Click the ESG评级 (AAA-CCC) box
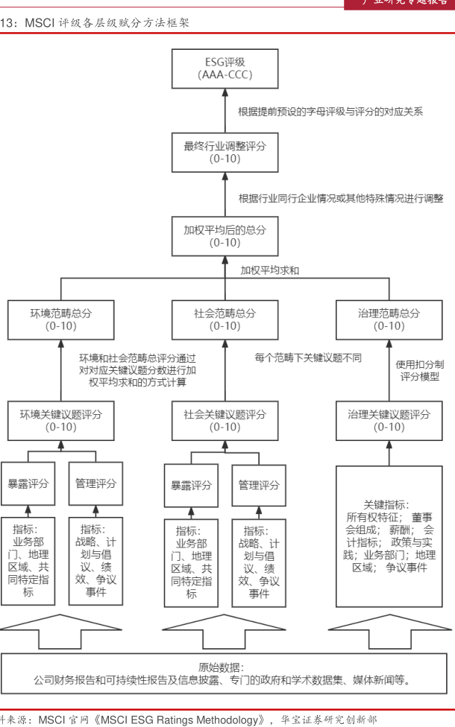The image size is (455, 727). (225, 69)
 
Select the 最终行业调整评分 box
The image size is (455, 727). (225, 152)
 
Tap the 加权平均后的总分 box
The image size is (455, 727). (225, 235)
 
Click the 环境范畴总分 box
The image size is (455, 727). (61, 320)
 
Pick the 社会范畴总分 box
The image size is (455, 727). (225, 320)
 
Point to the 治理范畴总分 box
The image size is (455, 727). (389, 320)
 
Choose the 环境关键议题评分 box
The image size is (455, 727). (61, 420)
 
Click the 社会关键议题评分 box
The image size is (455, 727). (225, 420)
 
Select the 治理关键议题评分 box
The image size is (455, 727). (389, 420)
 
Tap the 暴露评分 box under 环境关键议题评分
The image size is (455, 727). (28, 483)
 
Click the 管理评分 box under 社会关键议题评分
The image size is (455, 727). (259, 486)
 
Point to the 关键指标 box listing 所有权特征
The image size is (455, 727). (389, 536)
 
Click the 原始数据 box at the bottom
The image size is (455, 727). (225, 673)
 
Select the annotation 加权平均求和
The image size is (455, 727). (270, 270)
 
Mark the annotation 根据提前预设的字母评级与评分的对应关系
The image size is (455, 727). (330, 112)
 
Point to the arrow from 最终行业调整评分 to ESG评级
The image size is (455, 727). (225, 110)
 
